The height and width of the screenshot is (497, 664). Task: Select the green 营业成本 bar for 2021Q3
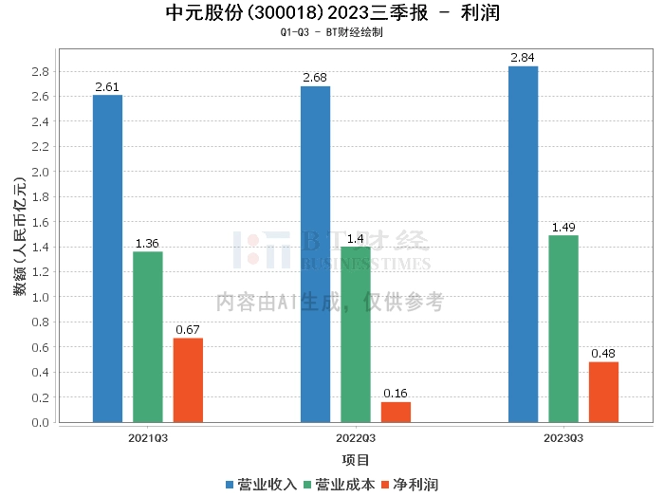tap(147, 337)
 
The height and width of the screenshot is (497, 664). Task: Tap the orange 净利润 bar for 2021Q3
tap(188, 379)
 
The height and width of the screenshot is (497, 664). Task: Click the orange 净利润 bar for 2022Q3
tap(396, 412)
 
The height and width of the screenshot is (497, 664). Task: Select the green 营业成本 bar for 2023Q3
tap(563, 328)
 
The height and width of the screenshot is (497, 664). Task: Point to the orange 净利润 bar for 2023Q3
tap(603, 392)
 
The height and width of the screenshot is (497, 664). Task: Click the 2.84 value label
tap(523, 58)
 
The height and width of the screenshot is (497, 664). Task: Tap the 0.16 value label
tap(396, 394)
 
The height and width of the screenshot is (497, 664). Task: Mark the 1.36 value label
tap(147, 244)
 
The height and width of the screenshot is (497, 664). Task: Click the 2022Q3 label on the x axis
tap(356, 438)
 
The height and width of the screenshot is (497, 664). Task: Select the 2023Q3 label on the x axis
tap(563, 438)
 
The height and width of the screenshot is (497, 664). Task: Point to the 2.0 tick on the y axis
tap(41, 172)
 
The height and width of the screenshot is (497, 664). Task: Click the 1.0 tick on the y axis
tap(41, 297)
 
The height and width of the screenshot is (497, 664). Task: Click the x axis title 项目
tap(356, 460)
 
